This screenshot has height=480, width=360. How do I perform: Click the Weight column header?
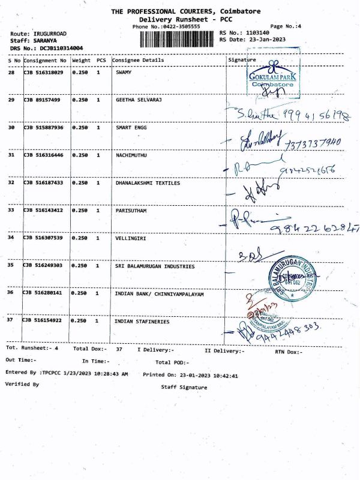[x=81, y=61]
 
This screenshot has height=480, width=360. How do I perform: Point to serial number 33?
[x=11, y=211]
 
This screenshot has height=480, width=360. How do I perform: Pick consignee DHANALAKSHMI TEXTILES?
[x=148, y=183]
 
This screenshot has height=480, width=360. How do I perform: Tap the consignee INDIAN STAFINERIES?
[x=142, y=322]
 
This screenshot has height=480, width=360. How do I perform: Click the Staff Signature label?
[x=184, y=388]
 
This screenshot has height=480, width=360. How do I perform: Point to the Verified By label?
[x=22, y=383]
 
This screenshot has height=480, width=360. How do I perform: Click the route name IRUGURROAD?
[x=52, y=33]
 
